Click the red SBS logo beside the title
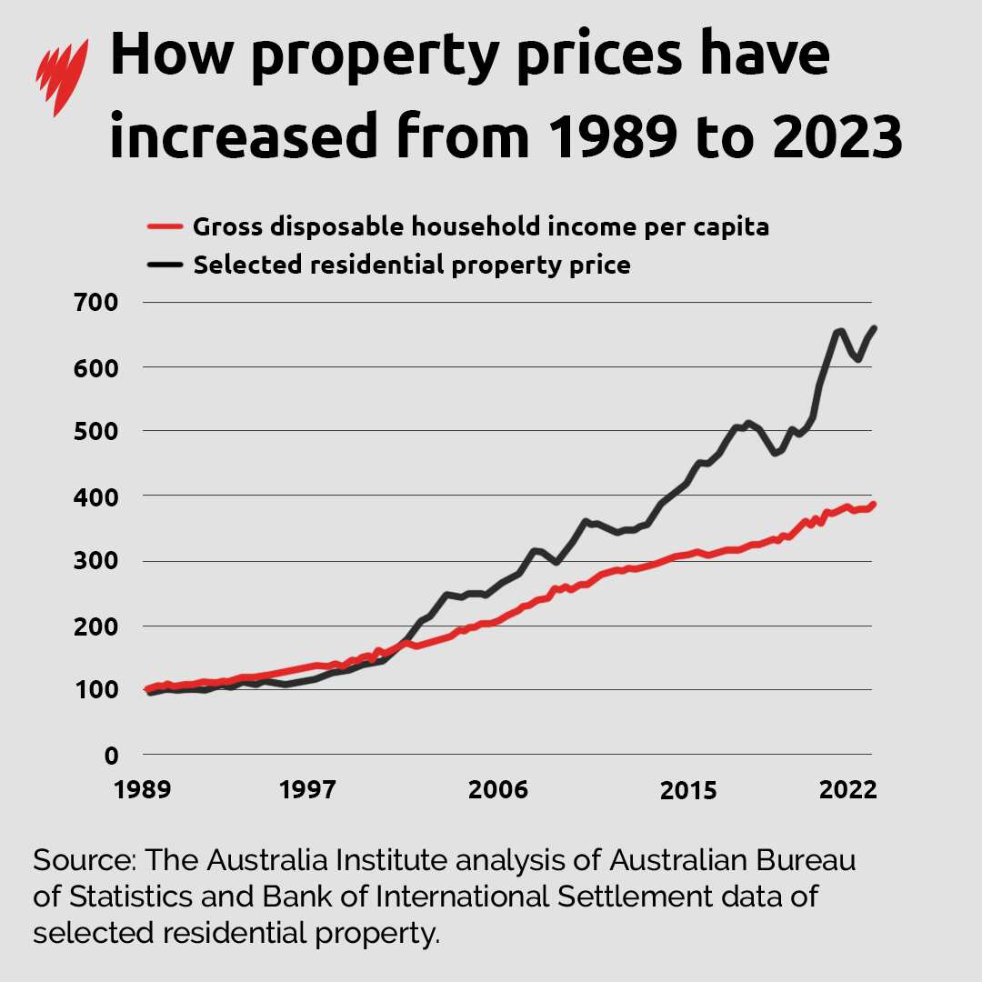coord(61,76)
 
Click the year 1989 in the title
coord(599,138)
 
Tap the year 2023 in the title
coord(820,138)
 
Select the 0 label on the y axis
coord(111,755)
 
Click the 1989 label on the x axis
coord(144,790)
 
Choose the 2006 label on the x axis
coord(497,790)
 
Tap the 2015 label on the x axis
coord(689,790)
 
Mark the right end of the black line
coord(874,328)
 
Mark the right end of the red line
coord(873,504)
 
